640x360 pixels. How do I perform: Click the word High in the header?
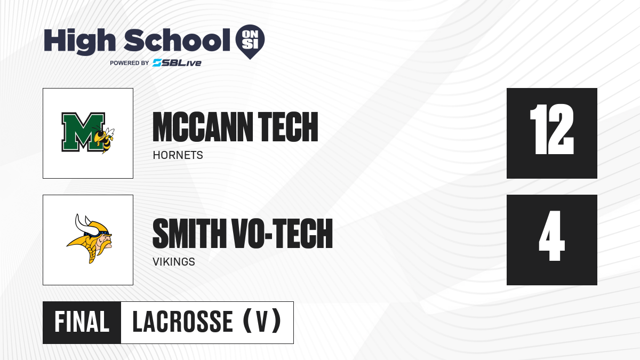tap(79, 41)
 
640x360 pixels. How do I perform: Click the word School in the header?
tap(177, 39)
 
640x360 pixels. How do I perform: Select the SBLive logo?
tap(177, 63)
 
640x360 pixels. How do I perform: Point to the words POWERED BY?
tap(130, 63)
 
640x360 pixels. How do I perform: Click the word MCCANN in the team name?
tap(203, 126)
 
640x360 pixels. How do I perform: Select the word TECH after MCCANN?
tap(288, 126)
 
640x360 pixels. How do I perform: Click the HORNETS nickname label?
tap(178, 155)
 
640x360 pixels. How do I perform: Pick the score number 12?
tap(551, 129)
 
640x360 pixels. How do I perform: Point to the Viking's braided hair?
tap(92, 253)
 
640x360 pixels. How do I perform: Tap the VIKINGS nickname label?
tap(174, 262)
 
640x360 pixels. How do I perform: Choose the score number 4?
tap(551, 236)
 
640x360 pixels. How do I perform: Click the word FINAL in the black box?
tap(82, 322)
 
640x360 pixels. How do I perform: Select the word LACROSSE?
tap(183, 322)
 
